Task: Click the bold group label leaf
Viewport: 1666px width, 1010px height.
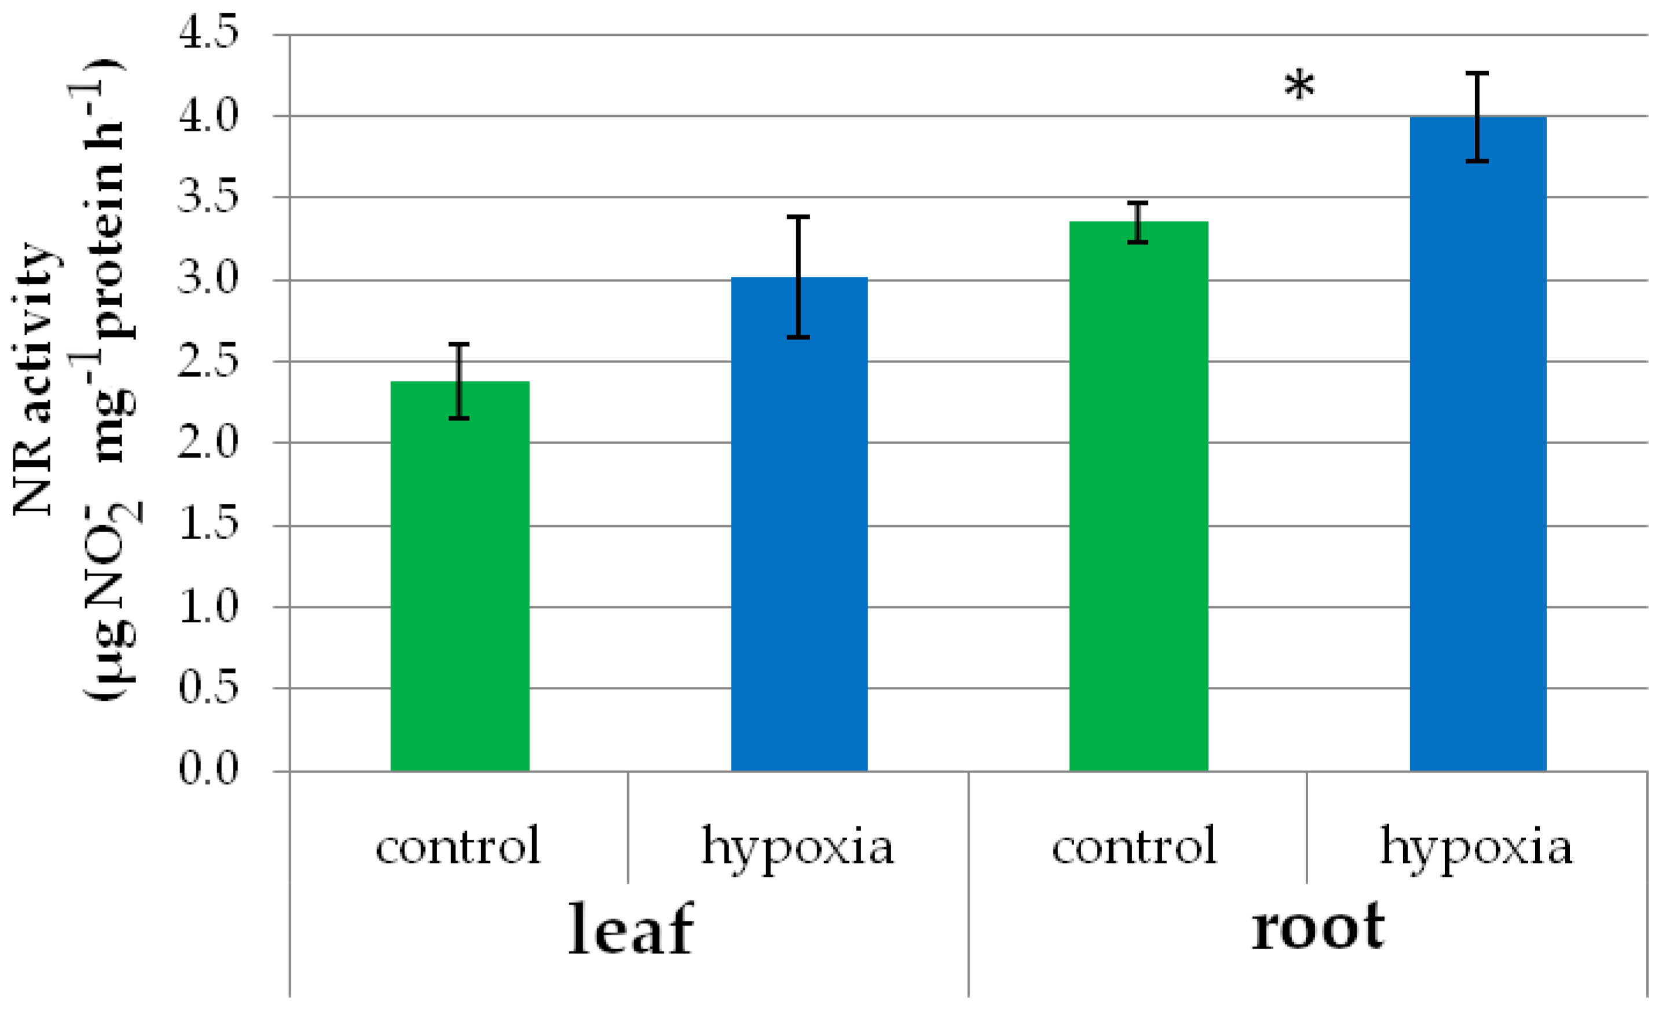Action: [x=630, y=930]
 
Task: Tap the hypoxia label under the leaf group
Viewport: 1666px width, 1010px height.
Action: [x=798, y=848]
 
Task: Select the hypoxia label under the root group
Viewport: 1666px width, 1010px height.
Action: [x=1477, y=848]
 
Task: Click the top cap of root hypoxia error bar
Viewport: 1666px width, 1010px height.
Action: [x=1477, y=73]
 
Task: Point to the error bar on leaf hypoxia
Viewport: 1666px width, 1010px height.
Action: [x=799, y=277]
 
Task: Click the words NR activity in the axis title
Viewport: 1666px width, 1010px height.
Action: [x=34, y=379]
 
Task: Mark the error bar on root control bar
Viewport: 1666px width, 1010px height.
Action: [x=1138, y=222]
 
